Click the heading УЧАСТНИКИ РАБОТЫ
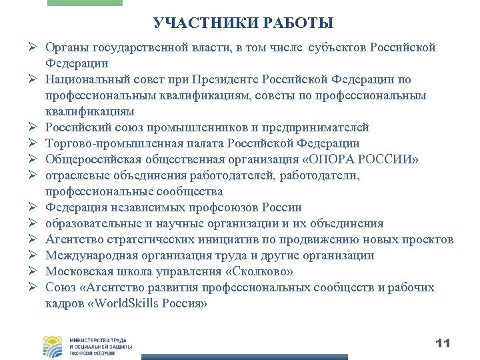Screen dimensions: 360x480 [243, 24]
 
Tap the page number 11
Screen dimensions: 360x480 [443, 343]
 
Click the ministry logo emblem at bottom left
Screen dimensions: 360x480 [53, 347]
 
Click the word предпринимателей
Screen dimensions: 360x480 [314, 128]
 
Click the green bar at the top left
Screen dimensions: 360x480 [85, 3]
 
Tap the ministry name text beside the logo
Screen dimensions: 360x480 [100, 347]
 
